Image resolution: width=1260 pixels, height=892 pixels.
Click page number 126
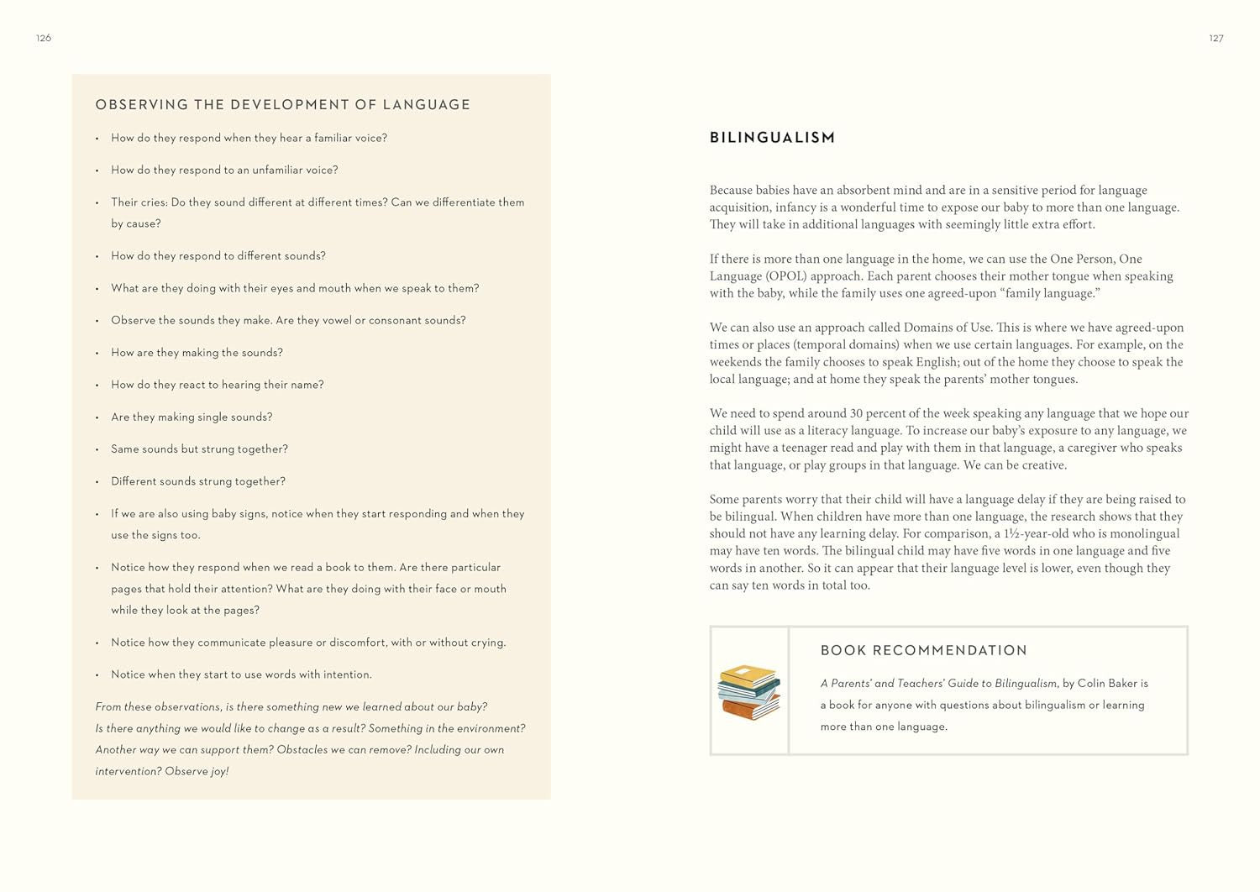click(44, 38)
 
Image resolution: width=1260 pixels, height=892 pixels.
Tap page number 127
click(1215, 38)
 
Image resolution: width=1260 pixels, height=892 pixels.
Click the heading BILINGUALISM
click(772, 138)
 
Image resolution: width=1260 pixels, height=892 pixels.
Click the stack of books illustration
click(748, 692)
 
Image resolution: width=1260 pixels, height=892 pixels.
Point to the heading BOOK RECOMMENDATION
click(923, 650)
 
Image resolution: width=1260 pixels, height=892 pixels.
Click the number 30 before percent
click(856, 413)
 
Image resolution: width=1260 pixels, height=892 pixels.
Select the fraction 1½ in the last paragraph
click(1011, 533)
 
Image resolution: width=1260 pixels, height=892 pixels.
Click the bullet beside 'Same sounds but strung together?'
click(97, 449)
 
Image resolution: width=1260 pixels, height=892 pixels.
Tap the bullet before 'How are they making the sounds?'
click(97, 353)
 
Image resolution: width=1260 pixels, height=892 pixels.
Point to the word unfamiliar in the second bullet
click(281, 170)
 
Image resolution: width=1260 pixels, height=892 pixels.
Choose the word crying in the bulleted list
click(487, 643)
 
